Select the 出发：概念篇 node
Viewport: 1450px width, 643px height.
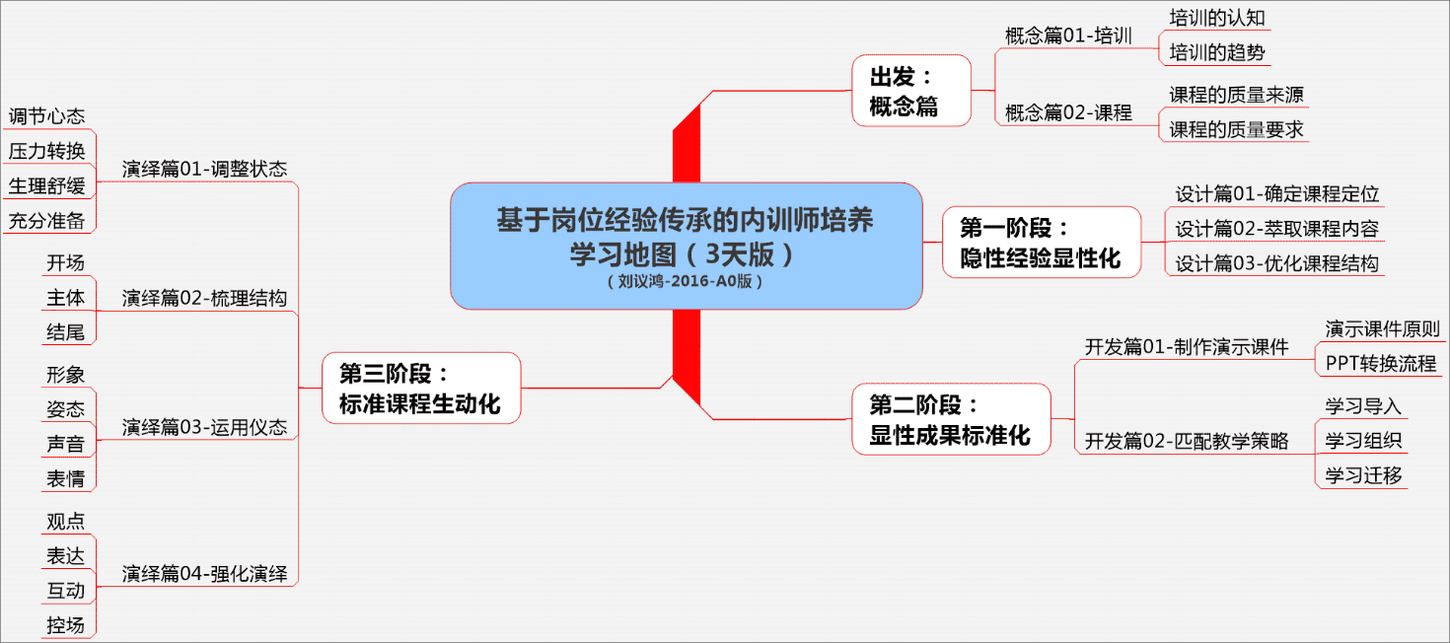(x=911, y=90)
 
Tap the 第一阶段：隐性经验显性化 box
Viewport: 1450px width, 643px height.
(x=1041, y=243)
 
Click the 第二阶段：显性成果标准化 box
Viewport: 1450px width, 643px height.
(x=950, y=419)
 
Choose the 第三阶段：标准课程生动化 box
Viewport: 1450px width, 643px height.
(x=420, y=389)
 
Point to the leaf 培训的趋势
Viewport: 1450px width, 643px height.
(x=1216, y=51)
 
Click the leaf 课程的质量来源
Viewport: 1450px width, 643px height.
(x=1236, y=95)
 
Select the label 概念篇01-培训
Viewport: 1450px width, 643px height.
(x=1067, y=36)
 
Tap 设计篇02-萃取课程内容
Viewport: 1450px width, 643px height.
(x=1276, y=229)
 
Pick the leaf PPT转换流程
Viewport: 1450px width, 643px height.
(x=1380, y=362)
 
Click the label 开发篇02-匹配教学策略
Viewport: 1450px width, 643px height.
(x=1187, y=440)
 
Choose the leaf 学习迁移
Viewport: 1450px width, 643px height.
(x=1363, y=474)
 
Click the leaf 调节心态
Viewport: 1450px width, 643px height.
(x=47, y=116)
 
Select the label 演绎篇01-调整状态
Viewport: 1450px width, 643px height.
(x=204, y=169)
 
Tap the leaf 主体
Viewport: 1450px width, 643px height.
(x=66, y=297)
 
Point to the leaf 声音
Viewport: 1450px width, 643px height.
(x=66, y=444)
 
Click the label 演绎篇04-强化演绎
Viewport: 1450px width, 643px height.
(x=204, y=573)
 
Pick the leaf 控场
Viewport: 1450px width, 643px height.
(x=66, y=624)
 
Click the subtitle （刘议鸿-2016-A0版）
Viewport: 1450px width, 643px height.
(x=686, y=280)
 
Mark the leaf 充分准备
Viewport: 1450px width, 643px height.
(x=47, y=220)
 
